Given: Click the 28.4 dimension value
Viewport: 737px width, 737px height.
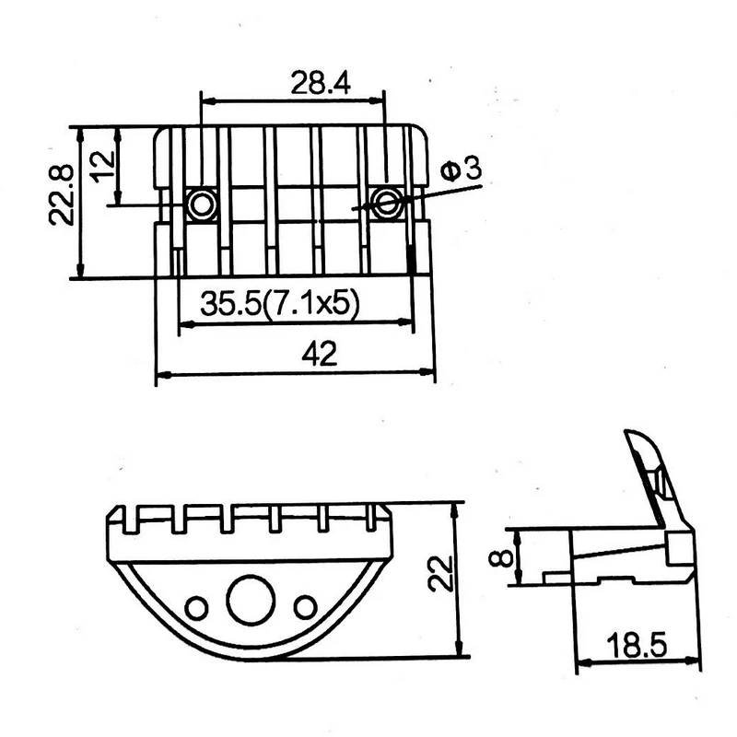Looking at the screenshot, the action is pos(321,83).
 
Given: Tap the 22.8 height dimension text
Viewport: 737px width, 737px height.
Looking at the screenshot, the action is pos(62,194).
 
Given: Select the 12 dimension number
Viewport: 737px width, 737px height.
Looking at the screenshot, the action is pos(102,167).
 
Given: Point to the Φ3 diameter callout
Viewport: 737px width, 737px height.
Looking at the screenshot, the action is pos(462,170).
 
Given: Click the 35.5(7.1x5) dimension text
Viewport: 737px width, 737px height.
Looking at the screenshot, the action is pos(280,302).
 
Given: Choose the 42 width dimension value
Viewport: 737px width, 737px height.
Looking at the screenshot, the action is pos(319,354).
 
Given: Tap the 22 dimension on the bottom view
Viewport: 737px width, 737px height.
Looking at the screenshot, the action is pos(440,573).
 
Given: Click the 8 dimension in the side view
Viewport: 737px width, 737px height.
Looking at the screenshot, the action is pos(500,558).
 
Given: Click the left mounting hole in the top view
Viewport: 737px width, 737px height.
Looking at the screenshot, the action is pos(202,205).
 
